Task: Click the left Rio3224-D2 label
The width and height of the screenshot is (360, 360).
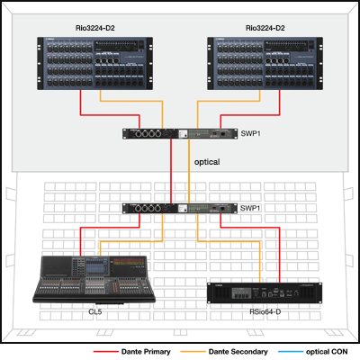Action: pos(95,28)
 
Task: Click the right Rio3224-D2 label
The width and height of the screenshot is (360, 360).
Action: pos(265,28)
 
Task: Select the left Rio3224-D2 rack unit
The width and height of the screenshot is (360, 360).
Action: pos(94,63)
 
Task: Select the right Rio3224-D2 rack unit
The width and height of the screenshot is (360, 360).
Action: pos(265,63)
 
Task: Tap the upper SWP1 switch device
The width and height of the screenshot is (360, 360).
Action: pos(180,133)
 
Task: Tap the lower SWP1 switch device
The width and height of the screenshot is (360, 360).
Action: pos(180,208)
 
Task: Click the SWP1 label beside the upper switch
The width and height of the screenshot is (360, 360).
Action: pos(251,133)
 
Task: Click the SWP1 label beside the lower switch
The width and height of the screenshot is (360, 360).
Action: pos(250,208)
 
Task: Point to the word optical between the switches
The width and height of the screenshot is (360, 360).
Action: pos(207,162)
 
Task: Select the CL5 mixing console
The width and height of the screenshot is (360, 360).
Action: pos(94,279)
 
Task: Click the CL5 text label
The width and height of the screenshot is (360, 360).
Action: pos(95,311)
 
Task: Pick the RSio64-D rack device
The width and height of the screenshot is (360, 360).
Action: pos(265,292)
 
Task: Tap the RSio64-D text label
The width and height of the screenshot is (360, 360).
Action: pos(265,311)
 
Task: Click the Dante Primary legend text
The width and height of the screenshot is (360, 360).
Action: pos(146,352)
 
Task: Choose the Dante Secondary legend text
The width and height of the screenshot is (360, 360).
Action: pos(238,352)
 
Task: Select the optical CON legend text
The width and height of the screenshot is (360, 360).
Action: pos(327,352)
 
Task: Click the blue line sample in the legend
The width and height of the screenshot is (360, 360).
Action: pos(291,352)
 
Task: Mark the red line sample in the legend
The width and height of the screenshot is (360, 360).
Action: pos(106,352)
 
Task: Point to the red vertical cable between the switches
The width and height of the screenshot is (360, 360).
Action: pos(171,171)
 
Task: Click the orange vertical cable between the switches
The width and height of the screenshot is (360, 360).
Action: pos(189,171)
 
